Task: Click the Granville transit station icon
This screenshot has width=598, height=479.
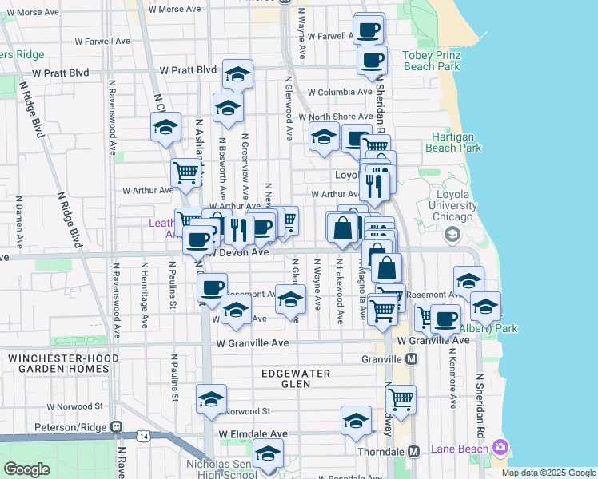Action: (x=411, y=359)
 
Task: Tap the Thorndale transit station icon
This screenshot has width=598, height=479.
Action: (x=413, y=451)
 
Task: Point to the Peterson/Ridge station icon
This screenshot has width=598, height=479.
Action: (x=116, y=427)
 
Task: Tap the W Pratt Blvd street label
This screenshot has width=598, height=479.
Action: (x=189, y=72)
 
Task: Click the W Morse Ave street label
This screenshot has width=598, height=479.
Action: (x=31, y=13)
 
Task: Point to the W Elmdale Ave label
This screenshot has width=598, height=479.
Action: (x=253, y=434)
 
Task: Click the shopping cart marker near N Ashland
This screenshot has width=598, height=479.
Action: (x=185, y=171)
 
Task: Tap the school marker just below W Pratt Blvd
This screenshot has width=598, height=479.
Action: (x=237, y=74)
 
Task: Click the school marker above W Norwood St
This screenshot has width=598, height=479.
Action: (x=211, y=398)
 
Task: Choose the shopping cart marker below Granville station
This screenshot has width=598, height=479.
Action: (x=401, y=398)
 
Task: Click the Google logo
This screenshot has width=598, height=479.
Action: (x=26, y=469)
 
